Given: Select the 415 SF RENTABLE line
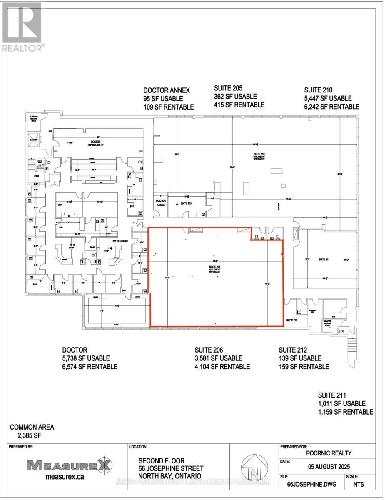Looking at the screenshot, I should [x=239, y=105].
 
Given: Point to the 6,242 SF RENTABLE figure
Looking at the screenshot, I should [x=331, y=107].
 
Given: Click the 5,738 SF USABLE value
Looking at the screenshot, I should [x=86, y=358].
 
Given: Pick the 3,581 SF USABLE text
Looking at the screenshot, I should [x=219, y=358].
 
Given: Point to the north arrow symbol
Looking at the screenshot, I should [x=254, y=467].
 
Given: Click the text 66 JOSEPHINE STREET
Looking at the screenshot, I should [x=170, y=468].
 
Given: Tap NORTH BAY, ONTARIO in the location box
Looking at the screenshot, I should [x=170, y=476].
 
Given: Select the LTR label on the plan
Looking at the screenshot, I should [x=341, y=331].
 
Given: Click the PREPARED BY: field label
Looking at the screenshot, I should [x=21, y=446].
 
